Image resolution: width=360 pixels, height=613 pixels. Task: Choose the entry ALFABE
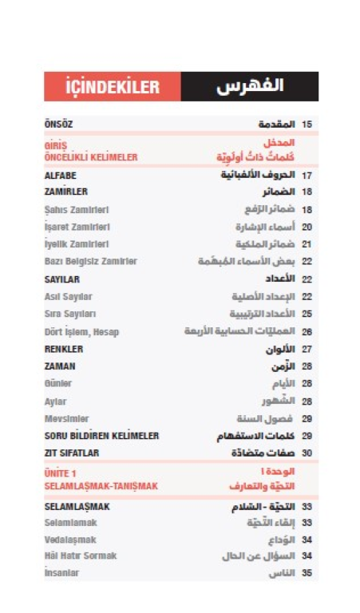60,175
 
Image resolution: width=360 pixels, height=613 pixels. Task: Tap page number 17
307,175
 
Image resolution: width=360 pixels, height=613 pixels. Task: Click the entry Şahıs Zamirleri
77,210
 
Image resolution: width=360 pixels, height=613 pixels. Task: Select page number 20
307,227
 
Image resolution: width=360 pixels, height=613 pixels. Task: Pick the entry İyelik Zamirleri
77,244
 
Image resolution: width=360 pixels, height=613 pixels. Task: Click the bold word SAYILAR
63,279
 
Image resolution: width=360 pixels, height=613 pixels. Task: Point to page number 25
307,314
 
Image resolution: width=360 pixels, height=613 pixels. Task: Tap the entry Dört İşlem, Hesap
82,331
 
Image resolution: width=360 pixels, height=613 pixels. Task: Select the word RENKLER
64,349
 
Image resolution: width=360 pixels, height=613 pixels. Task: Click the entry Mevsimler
66,418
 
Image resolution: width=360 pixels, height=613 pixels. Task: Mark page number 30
307,453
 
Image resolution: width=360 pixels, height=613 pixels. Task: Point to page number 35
307,573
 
